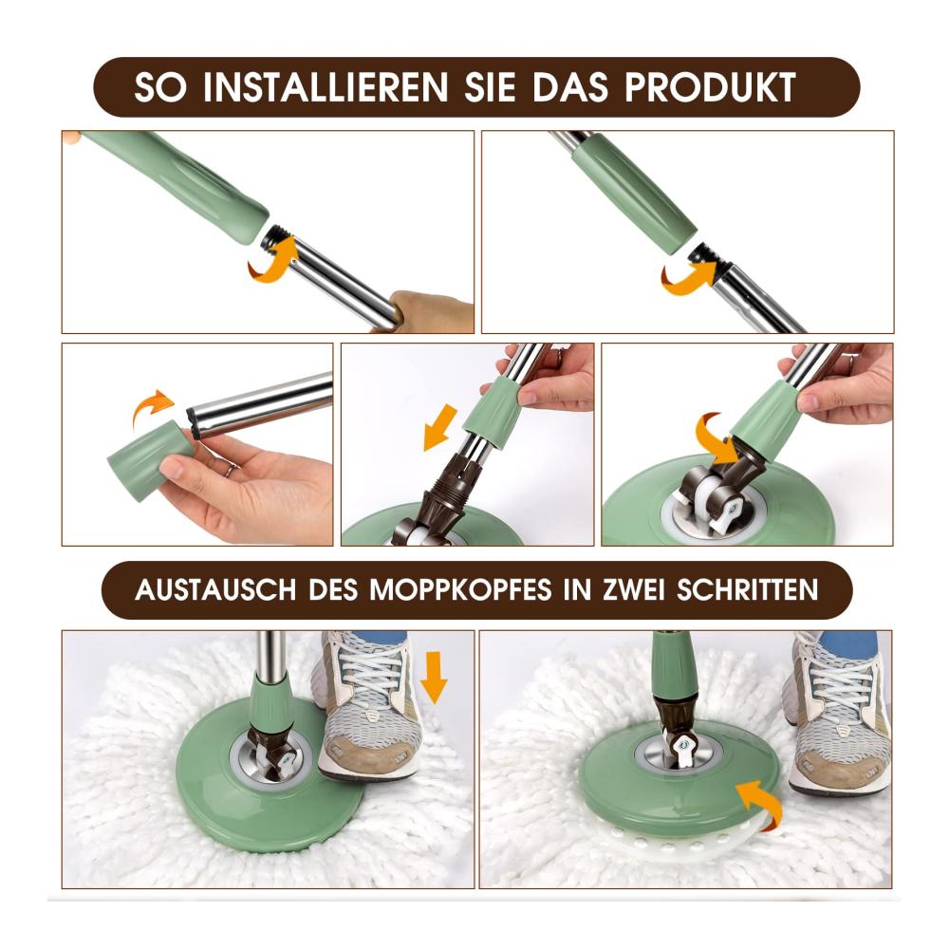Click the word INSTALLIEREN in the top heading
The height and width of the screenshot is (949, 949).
pos(325,87)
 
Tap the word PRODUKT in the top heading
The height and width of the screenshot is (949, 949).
pos(710,87)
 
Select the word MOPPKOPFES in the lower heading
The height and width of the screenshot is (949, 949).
pos(460,589)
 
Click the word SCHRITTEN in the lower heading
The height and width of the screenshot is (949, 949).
pos(747,589)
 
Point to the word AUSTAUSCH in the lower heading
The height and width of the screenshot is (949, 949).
pos(214,589)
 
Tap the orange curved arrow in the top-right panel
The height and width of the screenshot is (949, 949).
pos(690,275)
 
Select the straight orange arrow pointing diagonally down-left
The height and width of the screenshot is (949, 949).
pos(440,427)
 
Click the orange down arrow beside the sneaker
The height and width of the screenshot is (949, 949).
pos(434,677)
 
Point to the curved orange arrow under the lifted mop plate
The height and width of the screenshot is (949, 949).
pos(756,799)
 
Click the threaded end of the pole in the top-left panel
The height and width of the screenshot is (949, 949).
pos(277,236)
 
